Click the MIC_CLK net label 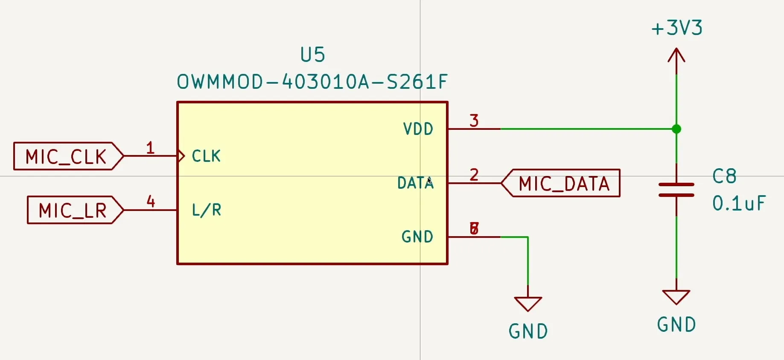click(x=66, y=157)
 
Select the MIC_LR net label click(x=73, y=211)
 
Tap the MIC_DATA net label click(x=563, y=184)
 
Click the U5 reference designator click(x=312, y=55)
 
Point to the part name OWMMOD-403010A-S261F click(x=312, y=82)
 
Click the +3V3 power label click(x=677, y=28)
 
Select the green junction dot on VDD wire click(x=676, y=129)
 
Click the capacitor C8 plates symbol click(x=676, y=190)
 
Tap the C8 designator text click(x=724, y=176)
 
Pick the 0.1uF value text click(x=739, y=204)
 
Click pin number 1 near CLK click(x=150, y=148)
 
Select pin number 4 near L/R click(x=151, y=201)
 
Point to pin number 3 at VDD click(x=474, y=121)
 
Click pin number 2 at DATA click(x=474, y=175)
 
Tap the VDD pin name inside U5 click(x=418, y=129)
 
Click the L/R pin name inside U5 click(x=207, y=210)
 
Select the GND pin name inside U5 click(x=417, y=237)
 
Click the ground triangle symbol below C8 click(x=676, y=296)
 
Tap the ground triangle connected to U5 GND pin click(x=528, y=304)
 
